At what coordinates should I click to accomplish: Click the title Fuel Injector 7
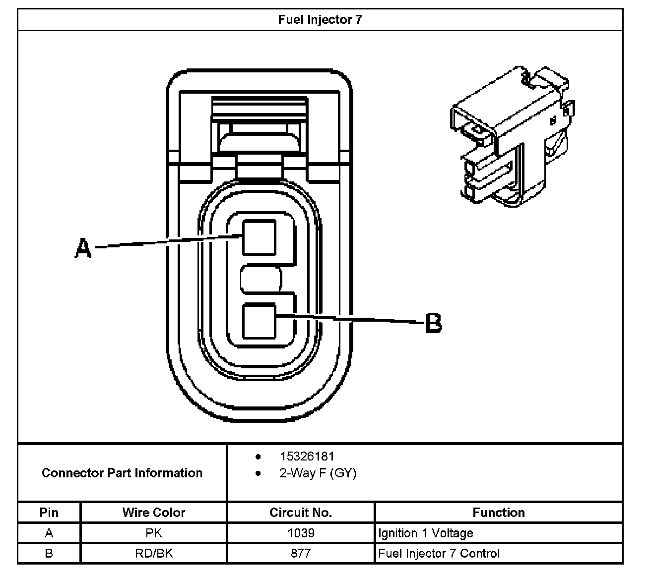[x=320, y=20]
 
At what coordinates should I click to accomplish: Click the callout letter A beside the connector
[x=83, y=247]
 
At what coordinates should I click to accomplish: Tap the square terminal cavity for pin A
[x=259, y=237]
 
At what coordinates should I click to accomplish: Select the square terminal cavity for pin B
[x=259, y=321]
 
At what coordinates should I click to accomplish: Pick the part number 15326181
[x=307, y=457]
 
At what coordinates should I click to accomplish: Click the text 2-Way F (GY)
[x=318, y=473]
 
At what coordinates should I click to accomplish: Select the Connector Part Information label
[x=122, y=473]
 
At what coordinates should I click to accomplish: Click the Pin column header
[x=49, y=513]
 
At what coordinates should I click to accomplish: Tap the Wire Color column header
[x=154, y=513]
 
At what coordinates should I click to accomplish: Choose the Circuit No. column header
[x=301, y=513]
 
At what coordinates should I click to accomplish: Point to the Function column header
[x=499, y=513]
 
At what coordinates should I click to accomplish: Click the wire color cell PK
[x=154, y=533]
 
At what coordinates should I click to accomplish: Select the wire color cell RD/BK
[x=154, y=554]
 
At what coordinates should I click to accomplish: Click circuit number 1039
[x=301, y=533]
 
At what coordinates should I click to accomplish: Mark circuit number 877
[x=301, y=554]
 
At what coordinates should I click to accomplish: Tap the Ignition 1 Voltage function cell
[x=426, y=533]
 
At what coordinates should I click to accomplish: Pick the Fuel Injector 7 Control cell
[x=439, y=554]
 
